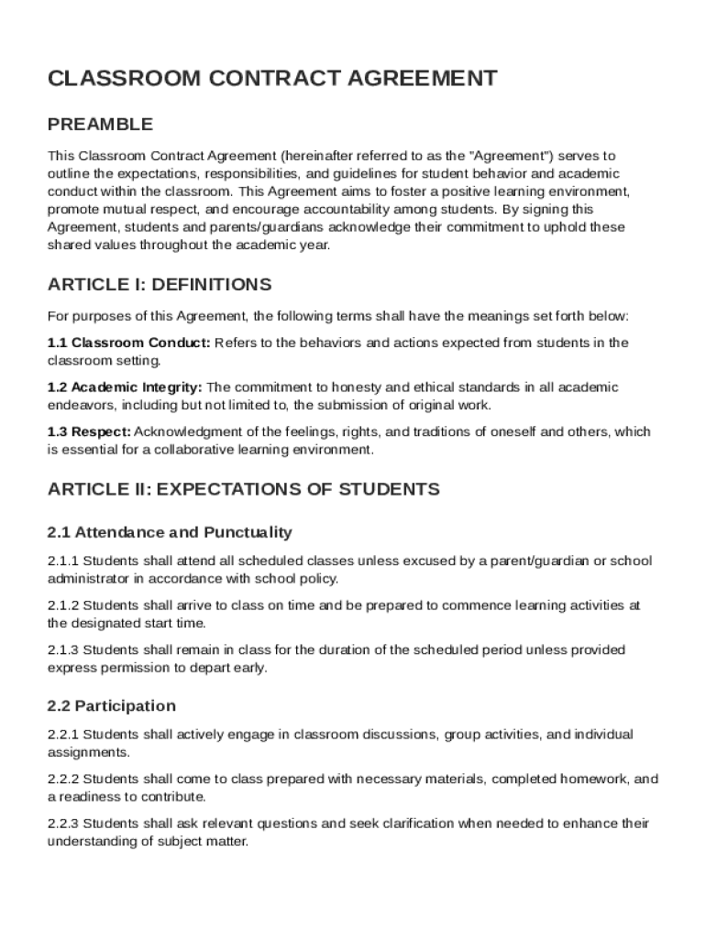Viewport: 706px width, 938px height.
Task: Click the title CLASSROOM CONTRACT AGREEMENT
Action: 272,79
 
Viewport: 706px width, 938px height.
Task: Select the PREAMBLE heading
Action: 100,124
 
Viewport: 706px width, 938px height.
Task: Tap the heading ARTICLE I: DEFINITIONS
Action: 159,284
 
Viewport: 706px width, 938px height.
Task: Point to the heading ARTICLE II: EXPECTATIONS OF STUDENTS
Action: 243,489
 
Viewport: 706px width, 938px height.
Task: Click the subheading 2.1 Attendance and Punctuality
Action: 170,532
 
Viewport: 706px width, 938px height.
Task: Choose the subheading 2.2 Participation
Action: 111,705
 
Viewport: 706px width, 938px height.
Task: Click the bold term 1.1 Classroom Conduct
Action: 128,343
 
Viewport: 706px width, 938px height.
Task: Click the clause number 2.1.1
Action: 63,561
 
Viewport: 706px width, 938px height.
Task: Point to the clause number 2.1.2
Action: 63,605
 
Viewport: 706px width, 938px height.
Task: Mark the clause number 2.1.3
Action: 63,649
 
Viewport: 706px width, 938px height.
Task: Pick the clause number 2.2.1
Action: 63,735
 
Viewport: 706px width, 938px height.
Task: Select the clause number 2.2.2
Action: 63,779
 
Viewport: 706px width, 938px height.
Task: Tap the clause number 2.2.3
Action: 63,823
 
